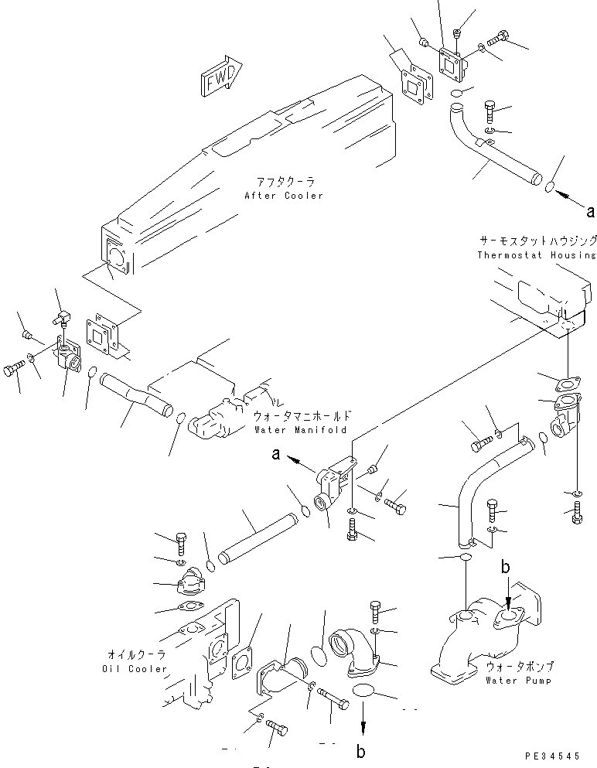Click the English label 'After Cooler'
point(283,196)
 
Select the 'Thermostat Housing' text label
point(536,254)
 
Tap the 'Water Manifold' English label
point(299,430)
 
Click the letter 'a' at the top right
point(591,210)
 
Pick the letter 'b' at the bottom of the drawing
point(360,751)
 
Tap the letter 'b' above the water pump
point(505,568)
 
